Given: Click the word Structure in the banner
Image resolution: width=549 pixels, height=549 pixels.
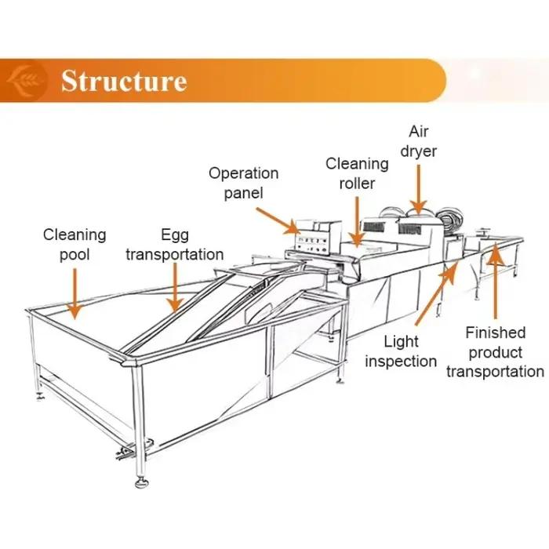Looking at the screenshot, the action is [124, 81].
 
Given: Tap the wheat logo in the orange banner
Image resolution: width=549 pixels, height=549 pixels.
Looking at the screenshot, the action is [26, 81].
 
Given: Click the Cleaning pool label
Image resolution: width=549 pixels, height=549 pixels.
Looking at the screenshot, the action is [75, 245].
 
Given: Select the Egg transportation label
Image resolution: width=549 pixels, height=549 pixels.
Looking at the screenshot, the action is [175, 245].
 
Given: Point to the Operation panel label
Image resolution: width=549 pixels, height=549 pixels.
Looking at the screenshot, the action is [244, 183].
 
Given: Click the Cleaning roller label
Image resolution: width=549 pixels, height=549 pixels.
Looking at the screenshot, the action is [357, 173].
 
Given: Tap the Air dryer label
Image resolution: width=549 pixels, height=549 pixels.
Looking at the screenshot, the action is [419, 141].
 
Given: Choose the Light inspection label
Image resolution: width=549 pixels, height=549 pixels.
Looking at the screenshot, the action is [401, 351].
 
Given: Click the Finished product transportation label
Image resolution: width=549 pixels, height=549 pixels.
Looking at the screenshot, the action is [496, 352].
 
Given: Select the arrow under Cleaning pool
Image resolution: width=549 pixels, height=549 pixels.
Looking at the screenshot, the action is [75, 293].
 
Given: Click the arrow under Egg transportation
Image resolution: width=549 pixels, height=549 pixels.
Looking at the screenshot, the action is [175, 287].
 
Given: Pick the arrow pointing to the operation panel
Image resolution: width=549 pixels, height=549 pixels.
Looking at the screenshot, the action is [278, 221].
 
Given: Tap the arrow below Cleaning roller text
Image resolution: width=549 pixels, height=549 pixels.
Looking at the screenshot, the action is [357, 221].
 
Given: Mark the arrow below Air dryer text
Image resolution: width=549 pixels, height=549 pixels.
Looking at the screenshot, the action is [419, 189].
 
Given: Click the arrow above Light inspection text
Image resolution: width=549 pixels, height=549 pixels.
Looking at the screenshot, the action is [437, 293].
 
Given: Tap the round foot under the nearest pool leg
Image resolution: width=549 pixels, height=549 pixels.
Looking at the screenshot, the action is [142, 483].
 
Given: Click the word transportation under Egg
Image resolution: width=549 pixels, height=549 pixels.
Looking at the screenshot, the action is [175, 255].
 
